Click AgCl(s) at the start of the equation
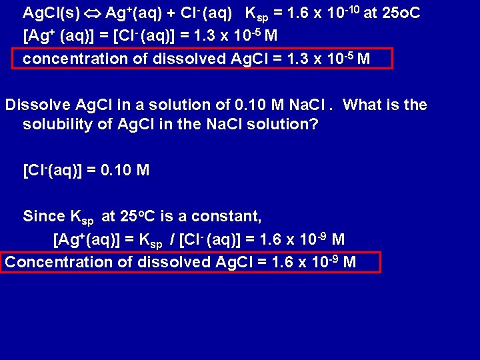point(49,13)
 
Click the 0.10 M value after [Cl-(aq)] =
point(125,171)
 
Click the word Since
point(44,216)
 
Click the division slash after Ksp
point(175,239)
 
